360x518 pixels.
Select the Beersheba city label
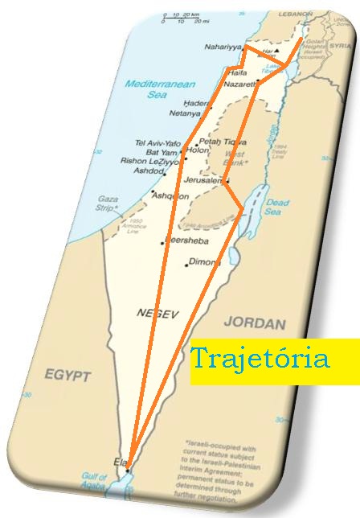click(188, 240)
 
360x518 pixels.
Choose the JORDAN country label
click(255, 323)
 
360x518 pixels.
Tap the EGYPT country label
click(68, 376)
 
